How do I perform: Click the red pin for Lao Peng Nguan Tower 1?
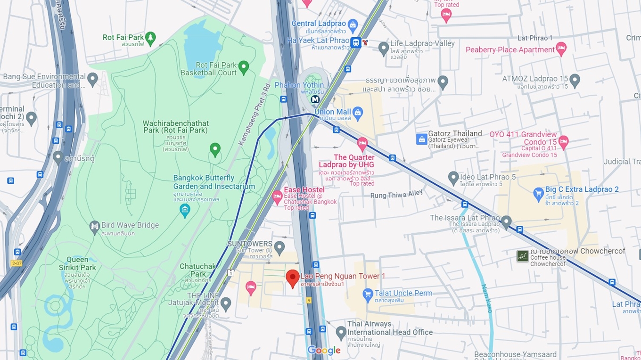pos(293,278)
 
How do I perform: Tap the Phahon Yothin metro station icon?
pos(315,99)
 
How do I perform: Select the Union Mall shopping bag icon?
pos(358,112)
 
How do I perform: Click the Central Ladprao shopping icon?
pos(353,24)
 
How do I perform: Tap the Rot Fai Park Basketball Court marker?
pos(244,67)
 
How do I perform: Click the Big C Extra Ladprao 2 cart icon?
pos(538,193)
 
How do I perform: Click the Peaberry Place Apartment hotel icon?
pos(561,49)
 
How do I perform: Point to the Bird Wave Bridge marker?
pos(95,227)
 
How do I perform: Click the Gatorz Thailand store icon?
pos(421,139)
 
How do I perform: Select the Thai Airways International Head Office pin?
pos(341,332)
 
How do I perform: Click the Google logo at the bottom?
pos(324,350)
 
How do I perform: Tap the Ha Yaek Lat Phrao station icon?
pos(356,42)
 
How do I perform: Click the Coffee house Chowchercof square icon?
pos(522,256)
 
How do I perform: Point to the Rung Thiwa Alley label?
pos(390,195)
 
